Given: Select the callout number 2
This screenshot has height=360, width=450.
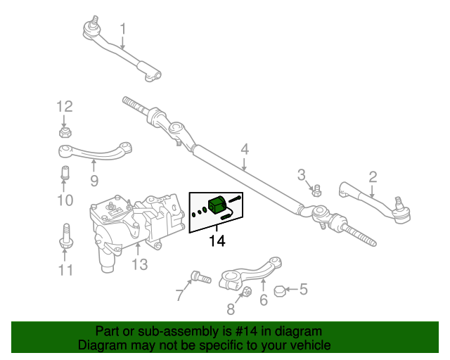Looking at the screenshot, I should [x=373, y=177].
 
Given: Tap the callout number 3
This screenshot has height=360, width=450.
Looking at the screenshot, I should [x=301, y=174].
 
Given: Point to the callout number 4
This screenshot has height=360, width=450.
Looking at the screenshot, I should [x=245, y=149].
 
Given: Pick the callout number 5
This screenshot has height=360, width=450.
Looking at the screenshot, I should [x=304, y=288].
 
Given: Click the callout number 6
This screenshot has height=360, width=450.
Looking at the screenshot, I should [x=264, y=301].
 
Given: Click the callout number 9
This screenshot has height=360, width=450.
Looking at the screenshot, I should [x=94, y=181].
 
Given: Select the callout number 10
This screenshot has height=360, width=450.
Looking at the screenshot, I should [x=65, y=201].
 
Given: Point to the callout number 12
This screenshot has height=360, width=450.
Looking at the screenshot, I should [x=65, y=107].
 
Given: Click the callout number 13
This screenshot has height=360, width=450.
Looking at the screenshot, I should [x=139, y=264].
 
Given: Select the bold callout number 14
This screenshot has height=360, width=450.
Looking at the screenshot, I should [x=217, y=241].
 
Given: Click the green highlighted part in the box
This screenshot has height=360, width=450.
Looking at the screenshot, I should [x=217, y=205].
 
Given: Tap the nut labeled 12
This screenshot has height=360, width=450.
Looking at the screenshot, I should [x=65, y=131].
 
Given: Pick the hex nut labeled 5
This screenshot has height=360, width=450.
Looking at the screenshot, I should [x=279, y=289].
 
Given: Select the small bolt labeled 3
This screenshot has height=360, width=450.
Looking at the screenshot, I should [x=316, y=189].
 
